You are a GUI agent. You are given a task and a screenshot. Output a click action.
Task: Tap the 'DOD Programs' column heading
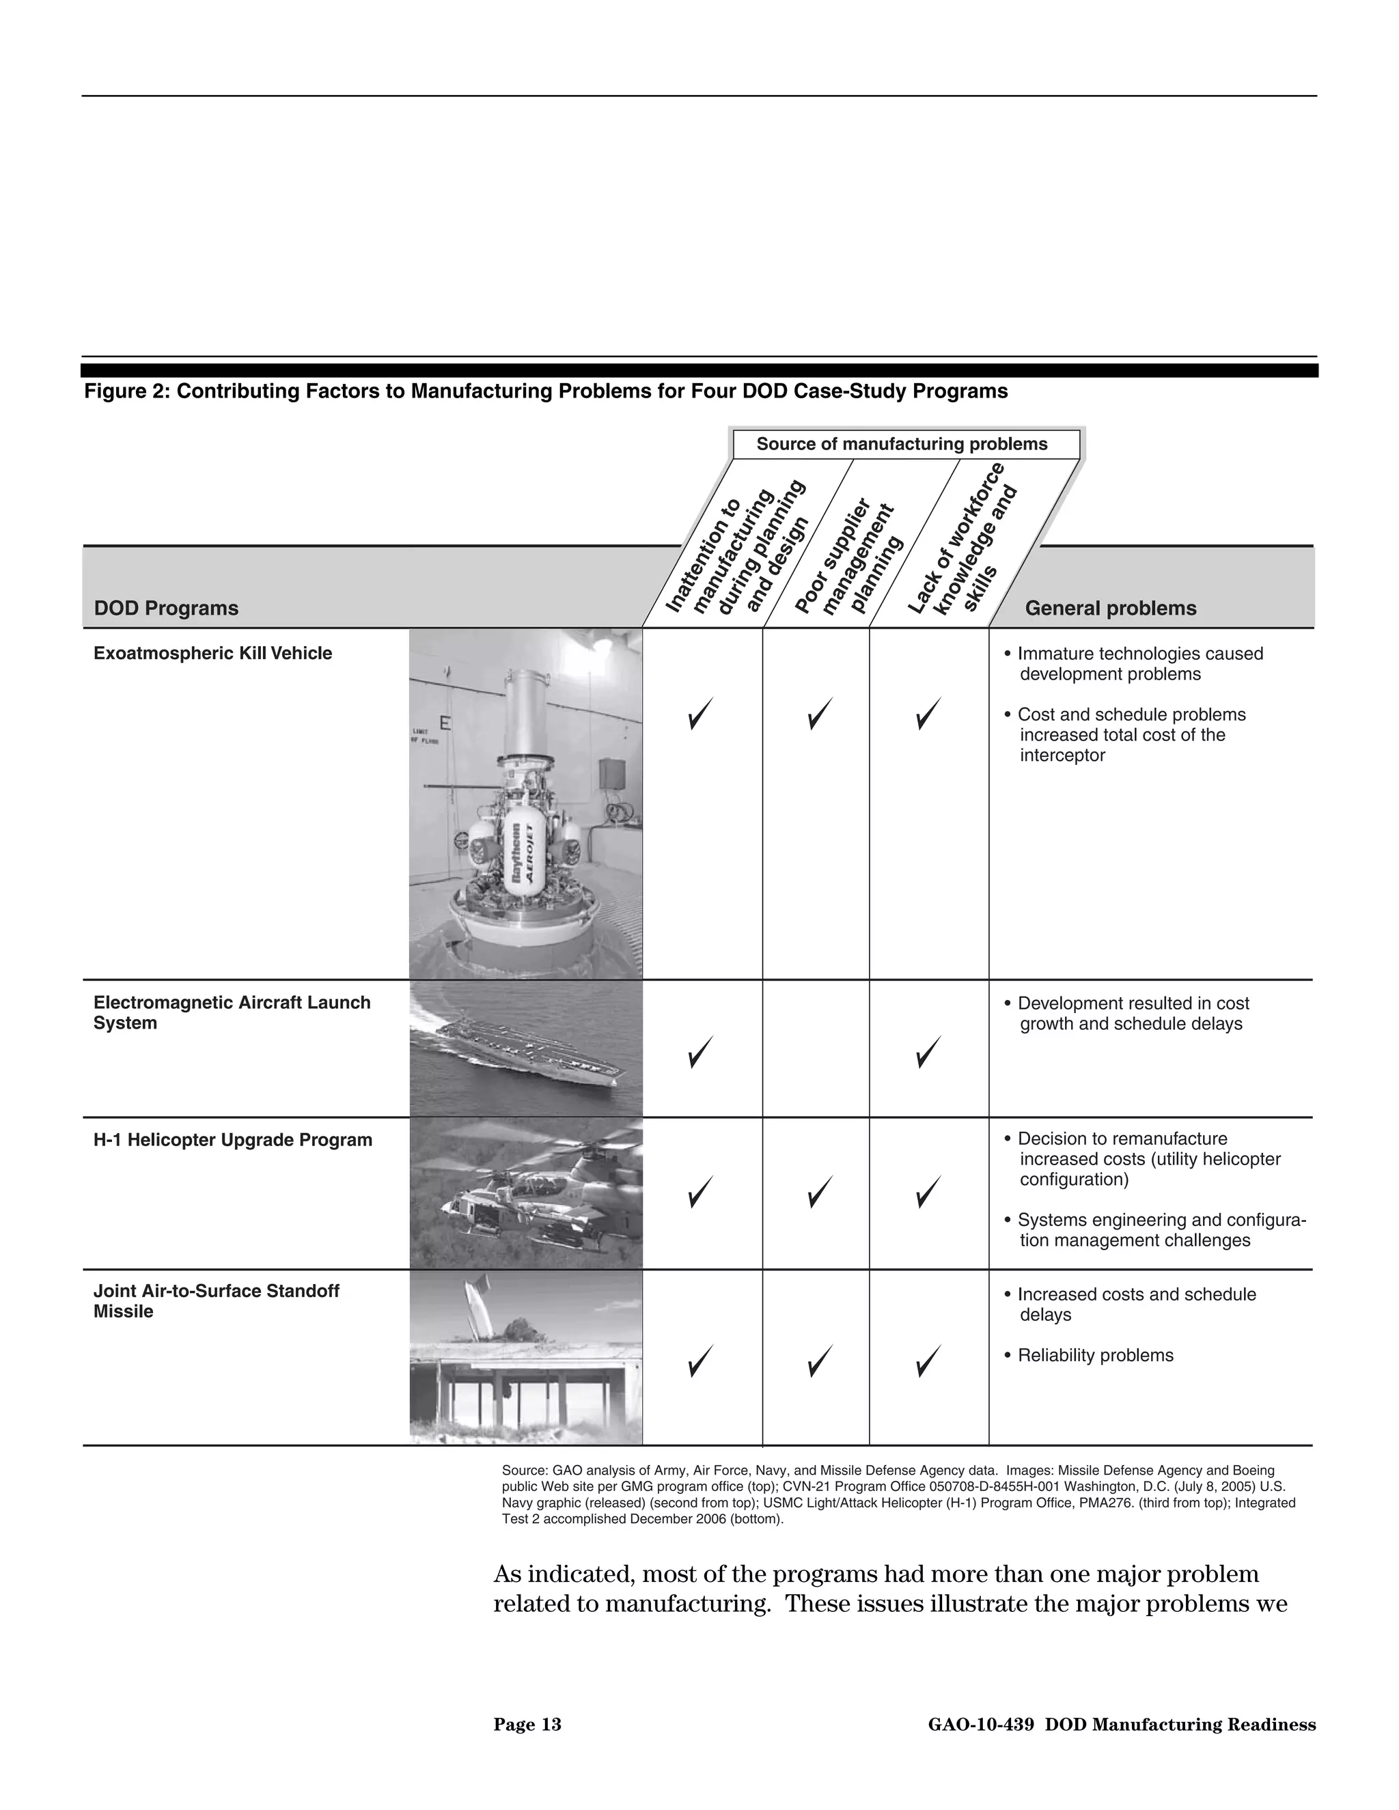point(166,609)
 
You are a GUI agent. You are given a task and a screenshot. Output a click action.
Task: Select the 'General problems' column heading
point(1110,609)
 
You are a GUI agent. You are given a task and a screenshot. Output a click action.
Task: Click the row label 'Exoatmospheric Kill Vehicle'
point(212,653)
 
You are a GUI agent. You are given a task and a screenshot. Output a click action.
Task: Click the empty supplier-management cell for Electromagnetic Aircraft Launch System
point(816,1048)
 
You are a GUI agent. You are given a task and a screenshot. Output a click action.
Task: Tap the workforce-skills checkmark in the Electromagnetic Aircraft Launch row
point(928,1052)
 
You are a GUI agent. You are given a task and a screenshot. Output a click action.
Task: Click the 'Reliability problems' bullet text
point(1094,1355)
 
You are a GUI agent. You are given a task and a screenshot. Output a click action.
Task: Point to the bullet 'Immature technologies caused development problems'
point(1139,664)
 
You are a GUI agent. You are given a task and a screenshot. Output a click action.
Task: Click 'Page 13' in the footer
point(527,1725)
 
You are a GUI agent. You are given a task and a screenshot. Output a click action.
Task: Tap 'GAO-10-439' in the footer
point(980,1725)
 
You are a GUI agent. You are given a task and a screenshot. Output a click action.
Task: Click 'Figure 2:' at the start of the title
point(126,391)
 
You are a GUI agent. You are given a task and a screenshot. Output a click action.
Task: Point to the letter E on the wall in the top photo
point(445,723)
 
